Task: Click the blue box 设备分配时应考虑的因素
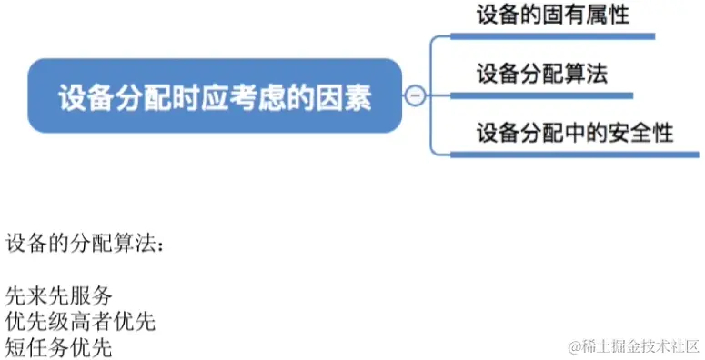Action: click(x=215, y=96)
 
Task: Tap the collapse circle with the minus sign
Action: click(x=416, y=95)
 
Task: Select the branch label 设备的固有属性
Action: click(x=552, y=15)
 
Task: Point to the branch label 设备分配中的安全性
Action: click(x=575, y=133)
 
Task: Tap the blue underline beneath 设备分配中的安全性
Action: click(x=575, y=155)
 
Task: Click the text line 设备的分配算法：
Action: click(x=86, y=245)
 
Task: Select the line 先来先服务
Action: click(x=58, y=296)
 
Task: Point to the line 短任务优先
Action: click(x=58, y=346)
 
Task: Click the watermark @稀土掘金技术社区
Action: click(x=632, y=345)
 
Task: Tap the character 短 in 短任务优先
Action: click(x=15, y=346)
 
